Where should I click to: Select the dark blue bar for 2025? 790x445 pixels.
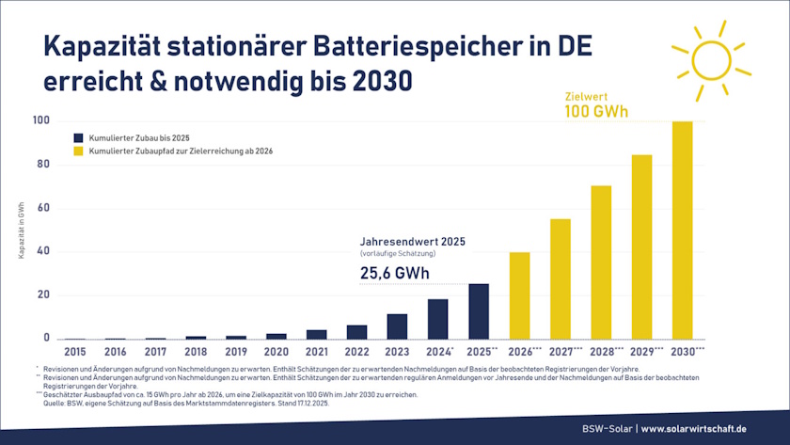coord(479,310)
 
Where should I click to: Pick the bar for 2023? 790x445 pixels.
coord(397,326)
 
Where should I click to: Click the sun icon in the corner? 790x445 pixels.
coord(710,61)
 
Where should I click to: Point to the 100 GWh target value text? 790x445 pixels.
coord(596,112)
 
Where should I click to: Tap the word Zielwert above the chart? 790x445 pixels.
coord(584,95)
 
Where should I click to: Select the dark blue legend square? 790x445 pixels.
coord(80,137)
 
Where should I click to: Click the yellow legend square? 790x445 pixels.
coord(80,151)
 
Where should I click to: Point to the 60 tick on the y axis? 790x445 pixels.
coord(41,207)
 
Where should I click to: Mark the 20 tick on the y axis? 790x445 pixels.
coord(41,294)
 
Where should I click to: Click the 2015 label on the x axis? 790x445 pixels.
coord(75,351)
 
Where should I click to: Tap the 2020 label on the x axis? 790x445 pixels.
coord(276,351)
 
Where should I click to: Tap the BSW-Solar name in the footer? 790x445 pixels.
coord(607,429)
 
